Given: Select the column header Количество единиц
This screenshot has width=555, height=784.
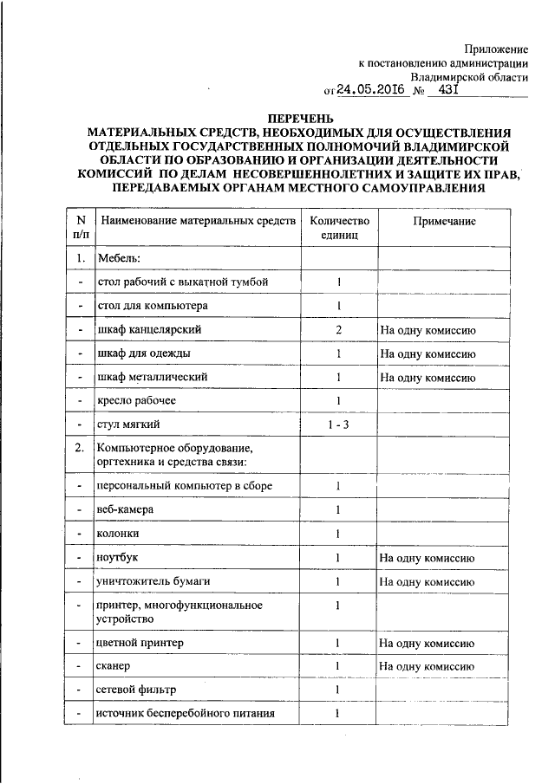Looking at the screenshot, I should pos(339,228).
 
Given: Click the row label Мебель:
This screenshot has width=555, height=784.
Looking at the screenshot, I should pos(119,258).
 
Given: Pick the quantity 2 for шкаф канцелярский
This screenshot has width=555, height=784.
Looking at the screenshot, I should pos(339,330).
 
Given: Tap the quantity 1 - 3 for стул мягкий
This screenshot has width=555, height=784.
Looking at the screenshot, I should pos(339,424).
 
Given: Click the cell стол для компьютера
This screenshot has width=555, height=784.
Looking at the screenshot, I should pos(153,306).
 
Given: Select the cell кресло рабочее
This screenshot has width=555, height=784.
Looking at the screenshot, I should pos(137,400).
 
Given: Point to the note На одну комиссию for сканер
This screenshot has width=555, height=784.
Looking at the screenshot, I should pos(427,665).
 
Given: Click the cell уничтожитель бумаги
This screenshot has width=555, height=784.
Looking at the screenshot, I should pos(156,580).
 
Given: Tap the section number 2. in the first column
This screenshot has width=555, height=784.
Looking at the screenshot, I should pos(80,448).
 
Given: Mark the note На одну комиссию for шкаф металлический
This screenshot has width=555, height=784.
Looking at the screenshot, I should pos(427,378).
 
